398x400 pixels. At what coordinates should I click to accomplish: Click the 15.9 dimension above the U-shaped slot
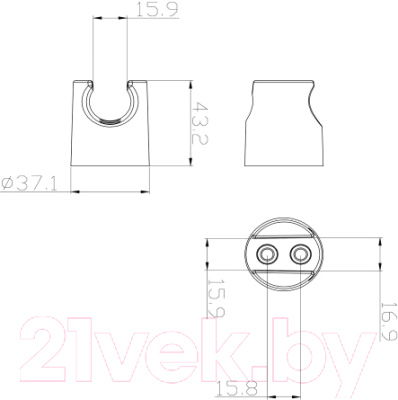point(157,10)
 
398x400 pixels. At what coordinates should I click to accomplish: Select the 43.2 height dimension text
point(200,123)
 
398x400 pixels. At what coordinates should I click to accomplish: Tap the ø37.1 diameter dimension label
point(29,184)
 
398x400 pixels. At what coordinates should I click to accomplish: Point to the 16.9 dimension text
point(389,321)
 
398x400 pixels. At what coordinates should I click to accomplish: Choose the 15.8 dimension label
point(237,388)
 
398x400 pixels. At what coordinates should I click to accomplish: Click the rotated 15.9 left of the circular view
point(217,298)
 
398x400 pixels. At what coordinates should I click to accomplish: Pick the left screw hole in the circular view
point(267,255)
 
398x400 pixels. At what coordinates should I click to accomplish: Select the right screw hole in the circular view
point(300,255)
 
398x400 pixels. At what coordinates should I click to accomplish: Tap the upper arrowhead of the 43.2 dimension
point(190,85)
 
